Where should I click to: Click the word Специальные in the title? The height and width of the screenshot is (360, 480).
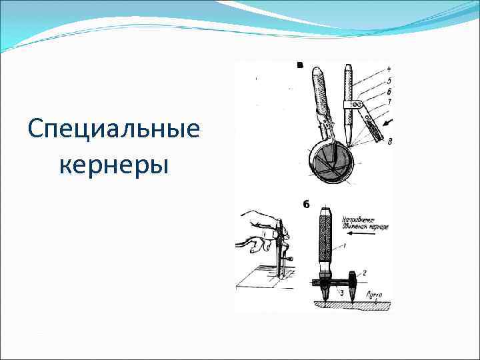coord(114,128)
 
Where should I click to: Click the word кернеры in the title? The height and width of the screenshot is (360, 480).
coord(114,164)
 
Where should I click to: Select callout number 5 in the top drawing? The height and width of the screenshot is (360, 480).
coord(389,81)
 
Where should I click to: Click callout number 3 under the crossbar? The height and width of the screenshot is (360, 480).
coord(342,292)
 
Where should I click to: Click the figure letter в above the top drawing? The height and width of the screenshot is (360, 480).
coord(300,65)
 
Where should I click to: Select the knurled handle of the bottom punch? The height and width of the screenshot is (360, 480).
coord(326,237)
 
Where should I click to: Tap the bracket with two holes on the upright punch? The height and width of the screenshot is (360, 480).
coord(353,105)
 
